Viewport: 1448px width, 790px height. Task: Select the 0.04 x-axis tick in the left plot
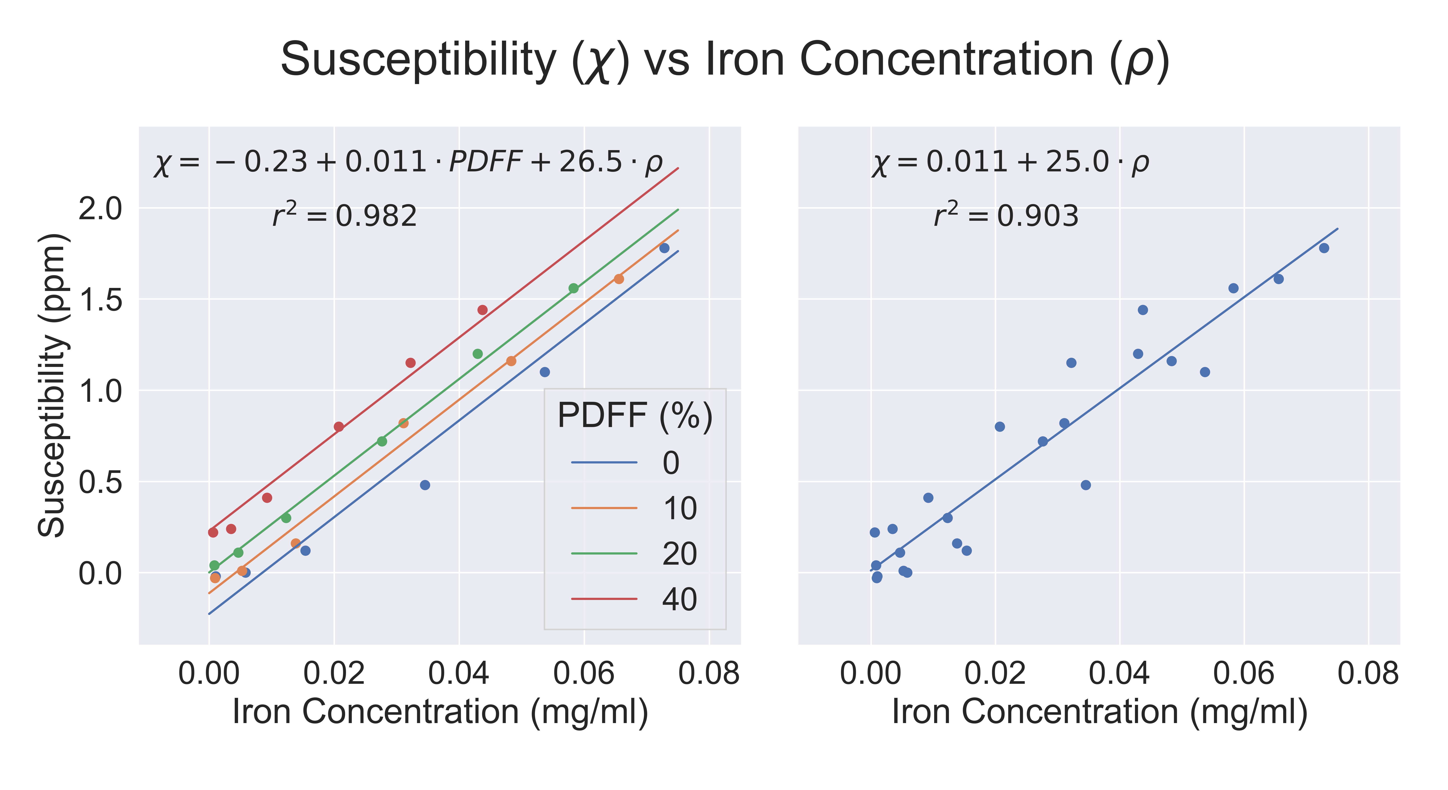coord(459,673)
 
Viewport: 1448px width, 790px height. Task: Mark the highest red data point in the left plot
coord(482,310)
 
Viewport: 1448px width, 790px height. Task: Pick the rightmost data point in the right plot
coord(1324,248)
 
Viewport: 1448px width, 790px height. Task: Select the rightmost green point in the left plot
coord(573,288)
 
